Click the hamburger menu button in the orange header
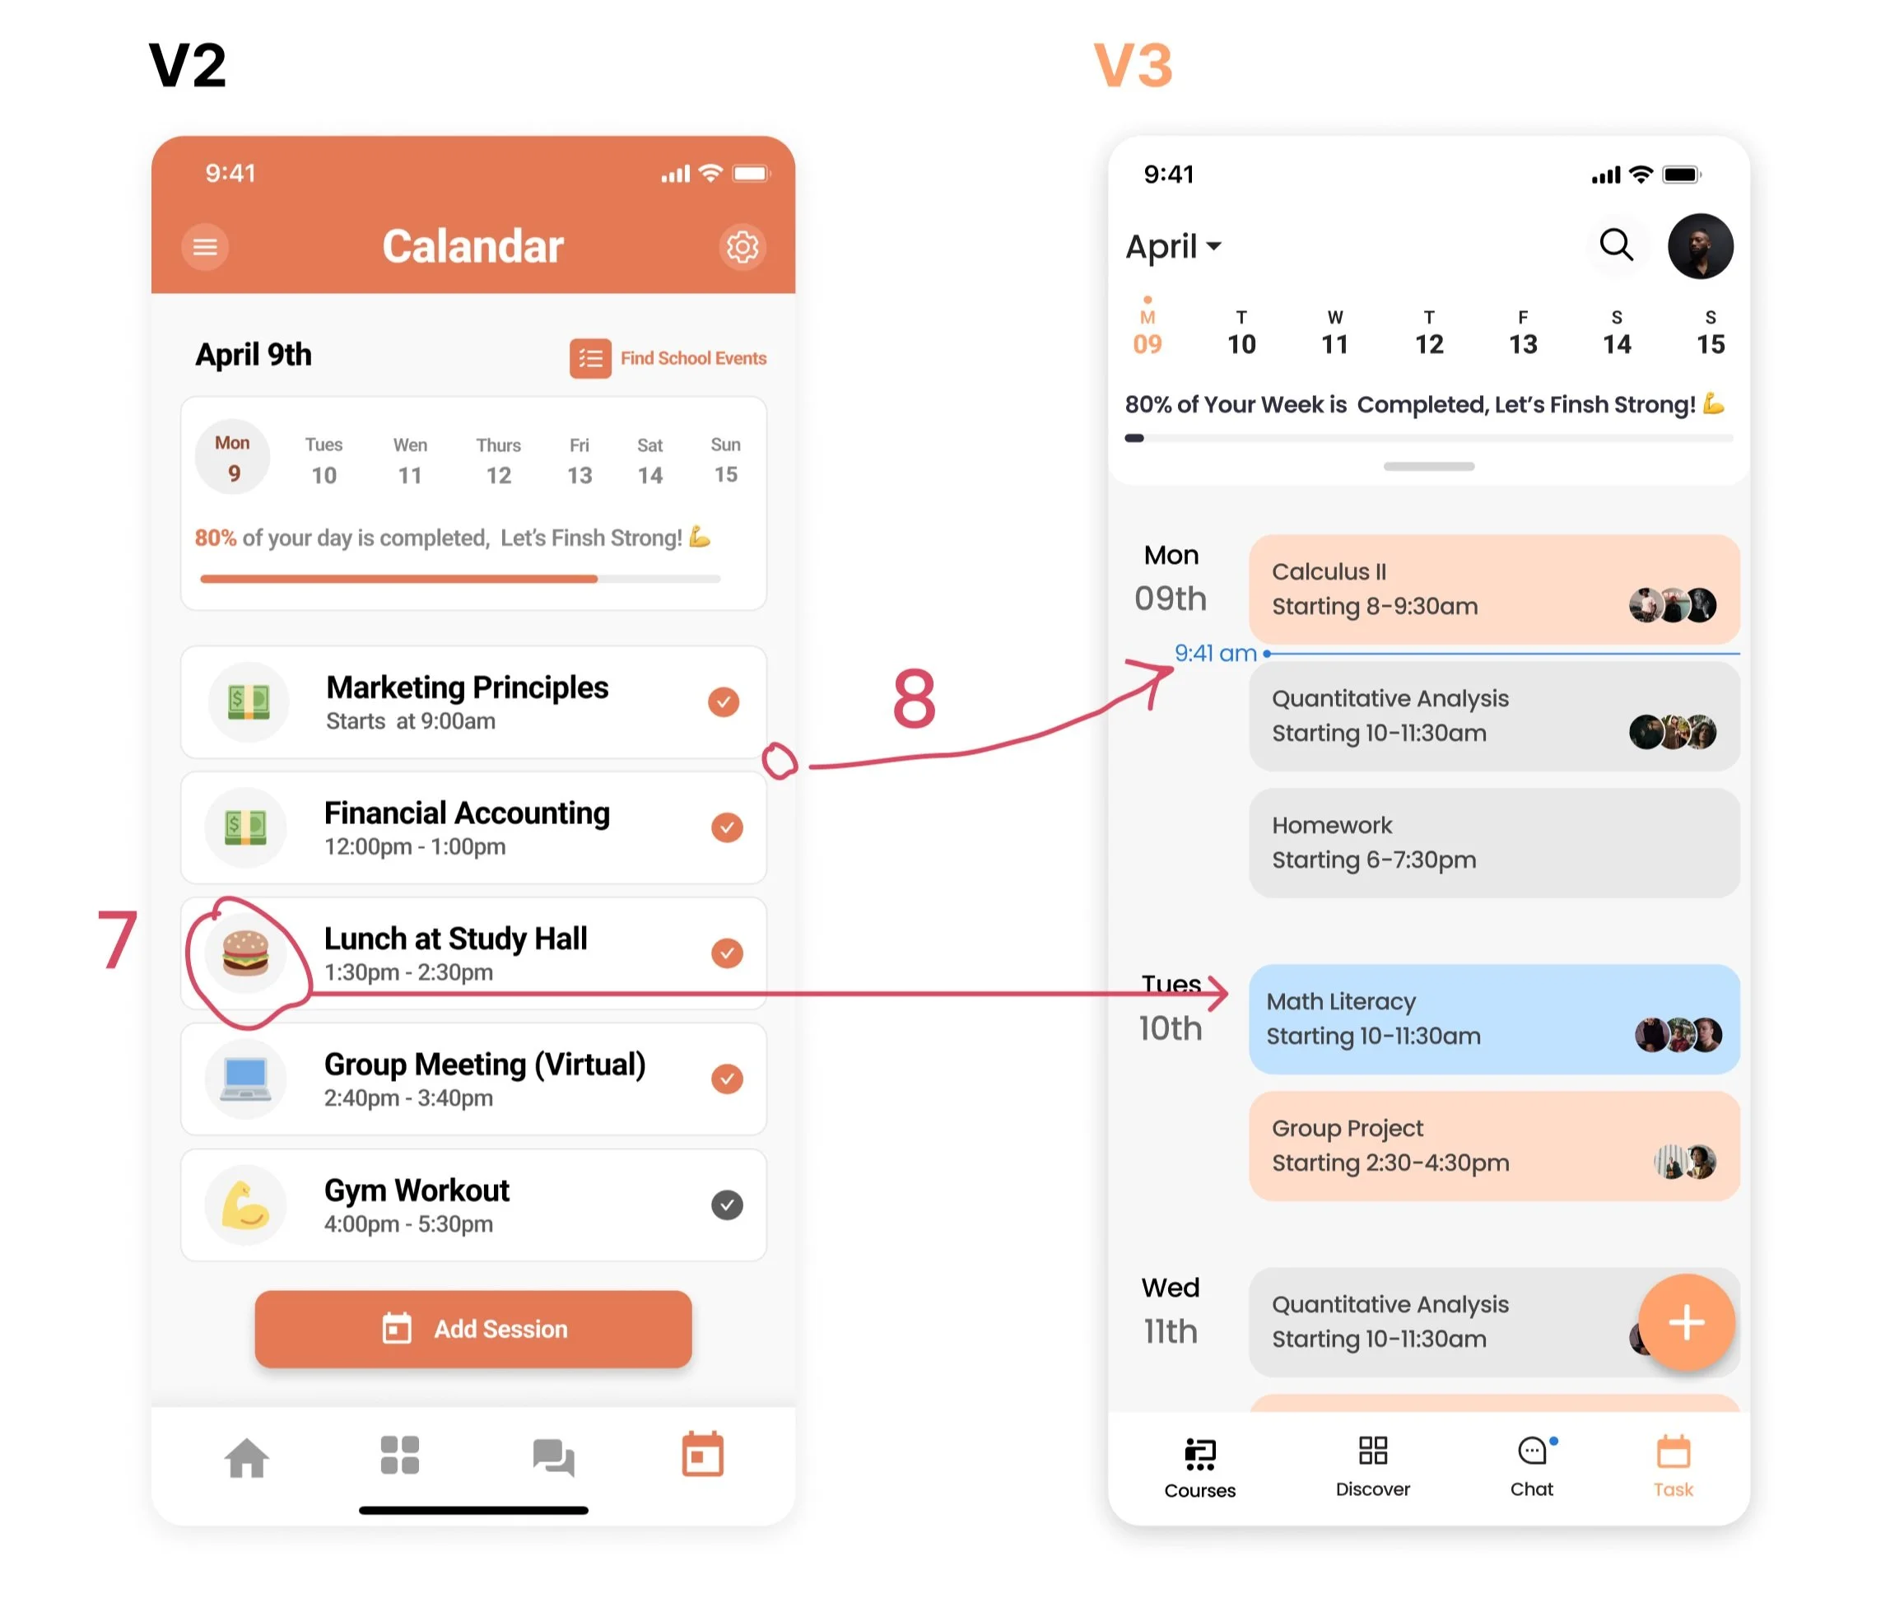coord(205,246)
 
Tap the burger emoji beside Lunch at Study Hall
coord(245,953)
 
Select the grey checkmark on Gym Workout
coord(727,1205)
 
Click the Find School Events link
coord(668,358)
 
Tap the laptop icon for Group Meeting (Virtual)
coord(245,1079)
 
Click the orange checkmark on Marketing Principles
coord(723,701)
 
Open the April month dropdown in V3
coord(1173,246)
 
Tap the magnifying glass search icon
coord(1616,245)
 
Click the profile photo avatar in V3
coord(1700,246)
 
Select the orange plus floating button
coord(1686,1322)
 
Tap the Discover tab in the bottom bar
coord(1372,1466)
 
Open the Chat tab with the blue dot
coord(1532,1466)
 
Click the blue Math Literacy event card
coord(1454,1018)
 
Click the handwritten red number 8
coord(914,699)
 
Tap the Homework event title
coord(1332,825)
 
